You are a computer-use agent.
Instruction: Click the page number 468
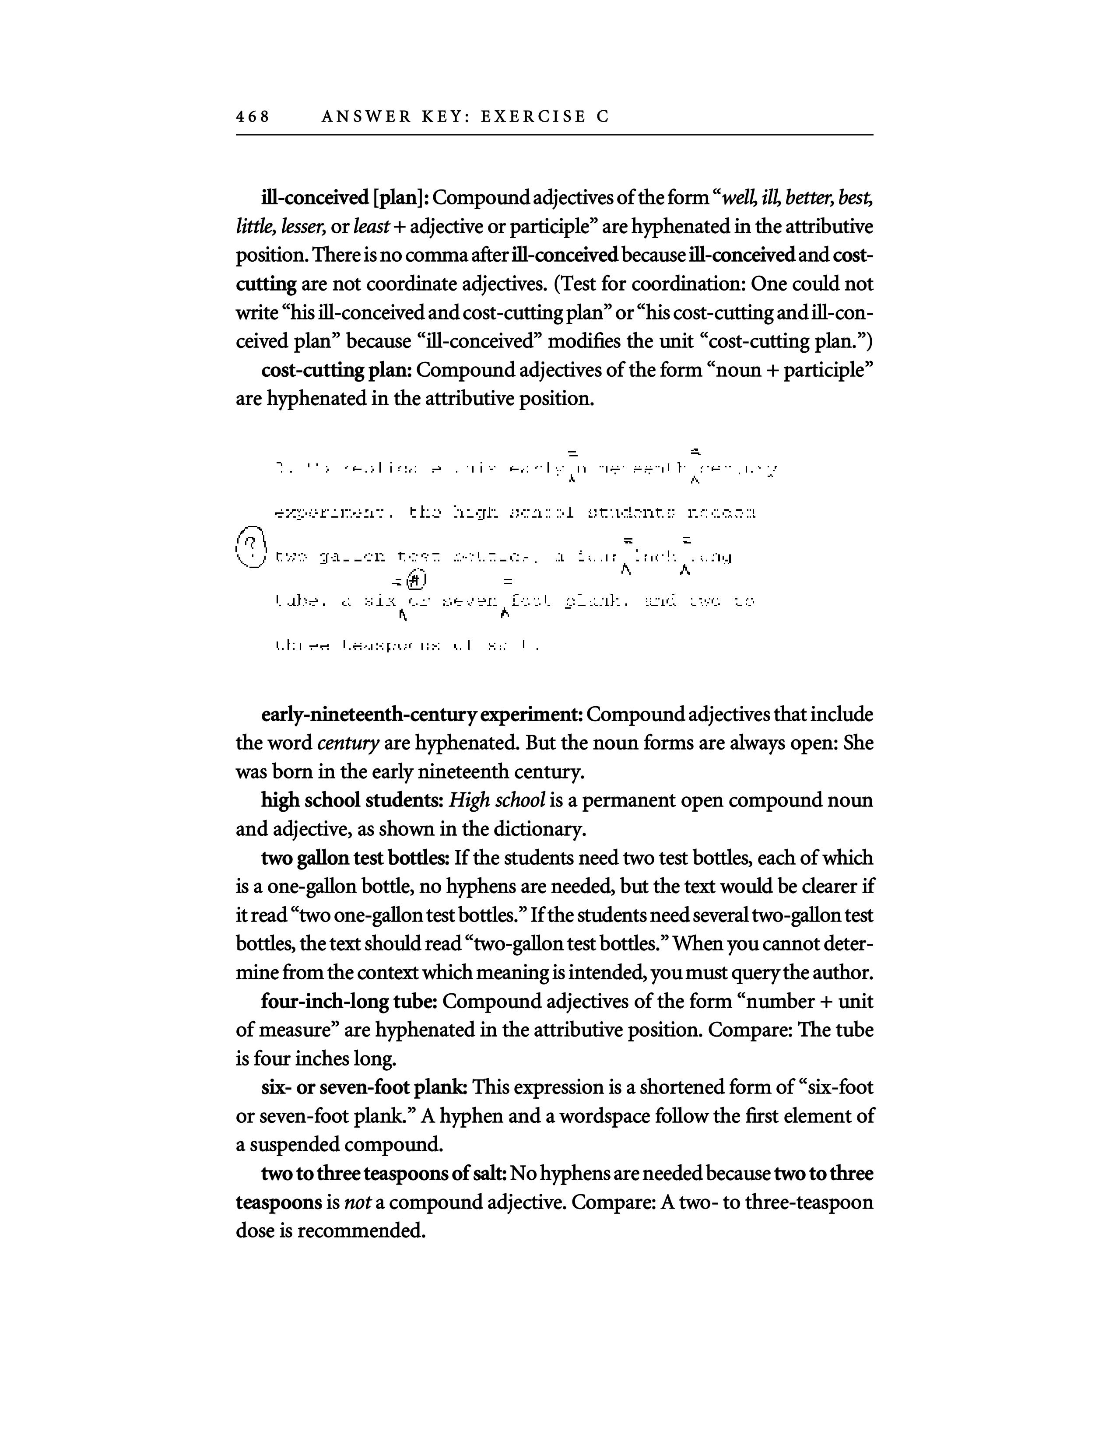click(253, 117)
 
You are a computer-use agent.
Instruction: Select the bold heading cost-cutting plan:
click(337, 370)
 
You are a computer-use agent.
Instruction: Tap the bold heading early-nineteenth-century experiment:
click(421, 715)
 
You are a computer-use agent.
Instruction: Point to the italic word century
click(348, 744)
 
